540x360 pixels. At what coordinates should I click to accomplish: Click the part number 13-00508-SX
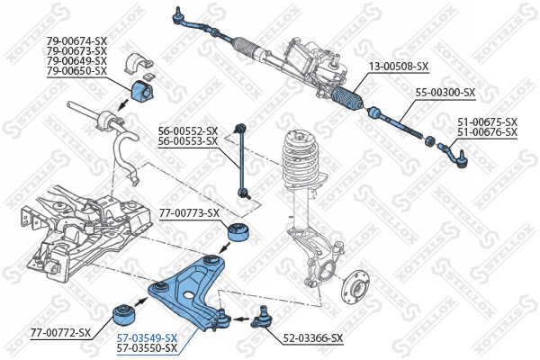399,66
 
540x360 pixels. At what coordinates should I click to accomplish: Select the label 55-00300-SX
445,93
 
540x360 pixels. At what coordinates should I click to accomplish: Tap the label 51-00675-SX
487,122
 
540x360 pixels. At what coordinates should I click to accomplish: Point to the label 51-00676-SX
487,132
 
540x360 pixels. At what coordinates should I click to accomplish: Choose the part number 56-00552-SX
188,130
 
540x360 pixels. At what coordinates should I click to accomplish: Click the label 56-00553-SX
188,140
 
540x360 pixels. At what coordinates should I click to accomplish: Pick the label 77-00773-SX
189,213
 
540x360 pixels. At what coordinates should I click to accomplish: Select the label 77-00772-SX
61,333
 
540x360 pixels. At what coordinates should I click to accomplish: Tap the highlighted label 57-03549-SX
148,337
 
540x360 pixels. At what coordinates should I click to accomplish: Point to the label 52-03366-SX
313,338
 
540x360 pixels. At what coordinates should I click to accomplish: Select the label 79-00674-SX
76,40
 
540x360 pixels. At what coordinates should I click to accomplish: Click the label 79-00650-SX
76,70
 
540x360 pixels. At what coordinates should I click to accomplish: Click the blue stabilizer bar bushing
144,91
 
